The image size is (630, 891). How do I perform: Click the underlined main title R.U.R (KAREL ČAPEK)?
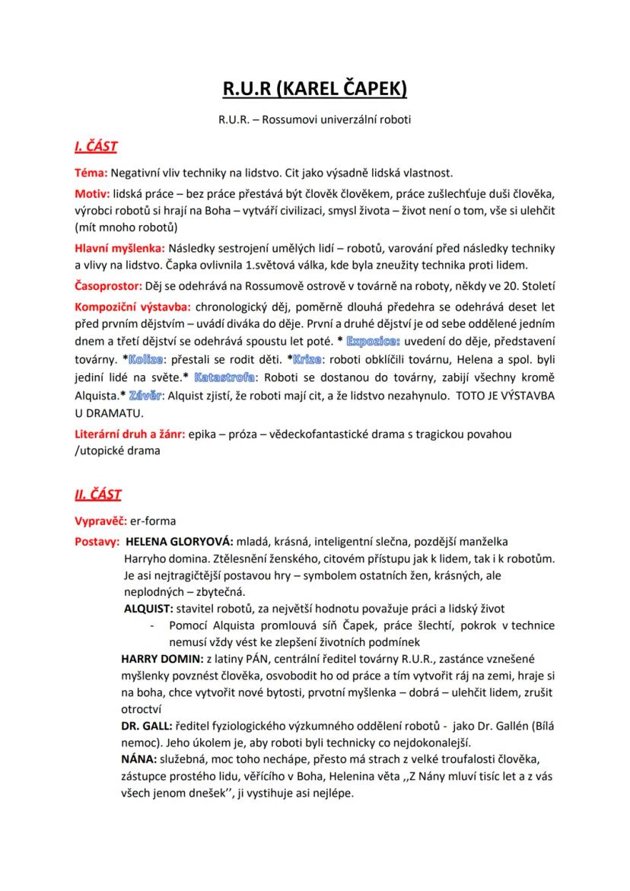[x=315, y=90]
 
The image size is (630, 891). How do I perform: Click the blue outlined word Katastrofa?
[x=224, y=377]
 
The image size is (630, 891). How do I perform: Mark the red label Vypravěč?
[x=100, y=521]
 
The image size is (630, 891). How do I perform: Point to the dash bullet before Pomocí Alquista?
[x=154, y=625]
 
